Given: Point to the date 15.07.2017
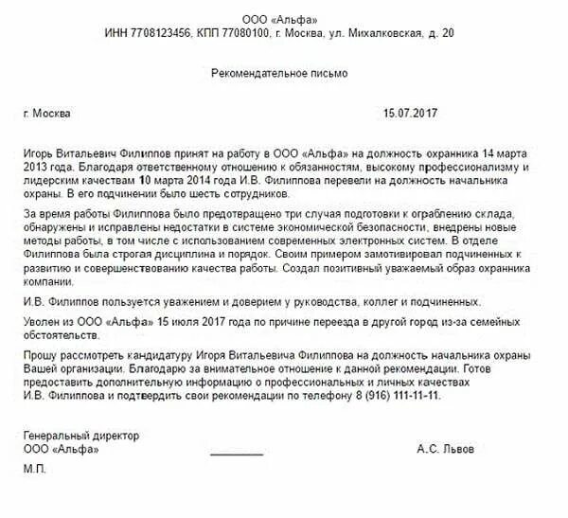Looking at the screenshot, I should pyautogui.click(x=411, y=114).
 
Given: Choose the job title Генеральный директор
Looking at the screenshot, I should pyautogui.click(x=81, y=436).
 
